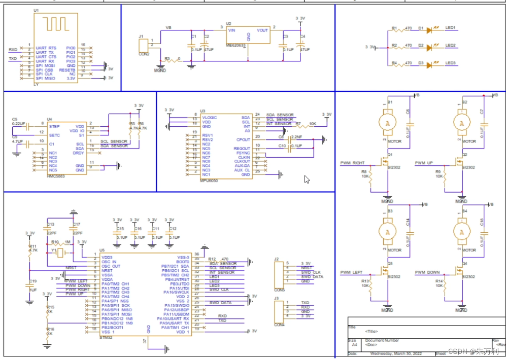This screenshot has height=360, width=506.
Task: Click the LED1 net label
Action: point(450,28)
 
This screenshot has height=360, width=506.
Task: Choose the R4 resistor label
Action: point(394,63)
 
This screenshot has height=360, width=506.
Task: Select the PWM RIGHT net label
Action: point(352,163)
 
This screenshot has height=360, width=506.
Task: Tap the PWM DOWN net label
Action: point(427,272)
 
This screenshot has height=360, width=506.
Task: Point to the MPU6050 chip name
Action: point(209,179)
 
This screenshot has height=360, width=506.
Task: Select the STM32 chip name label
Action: point(106,336)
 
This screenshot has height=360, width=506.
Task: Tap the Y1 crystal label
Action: point(53,250)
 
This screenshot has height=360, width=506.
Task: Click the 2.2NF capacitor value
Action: point(297,137)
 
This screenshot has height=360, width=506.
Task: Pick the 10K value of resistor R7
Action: point(313,124)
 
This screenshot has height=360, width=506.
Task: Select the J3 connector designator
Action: point(276,299)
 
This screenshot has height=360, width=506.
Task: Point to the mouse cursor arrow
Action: point(307,179)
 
